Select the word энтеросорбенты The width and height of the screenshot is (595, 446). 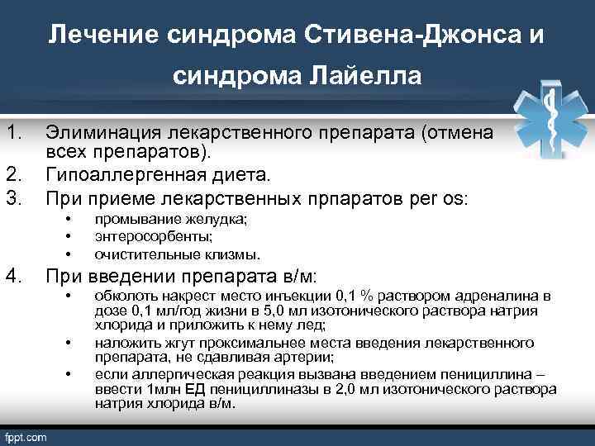(145, 236)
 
